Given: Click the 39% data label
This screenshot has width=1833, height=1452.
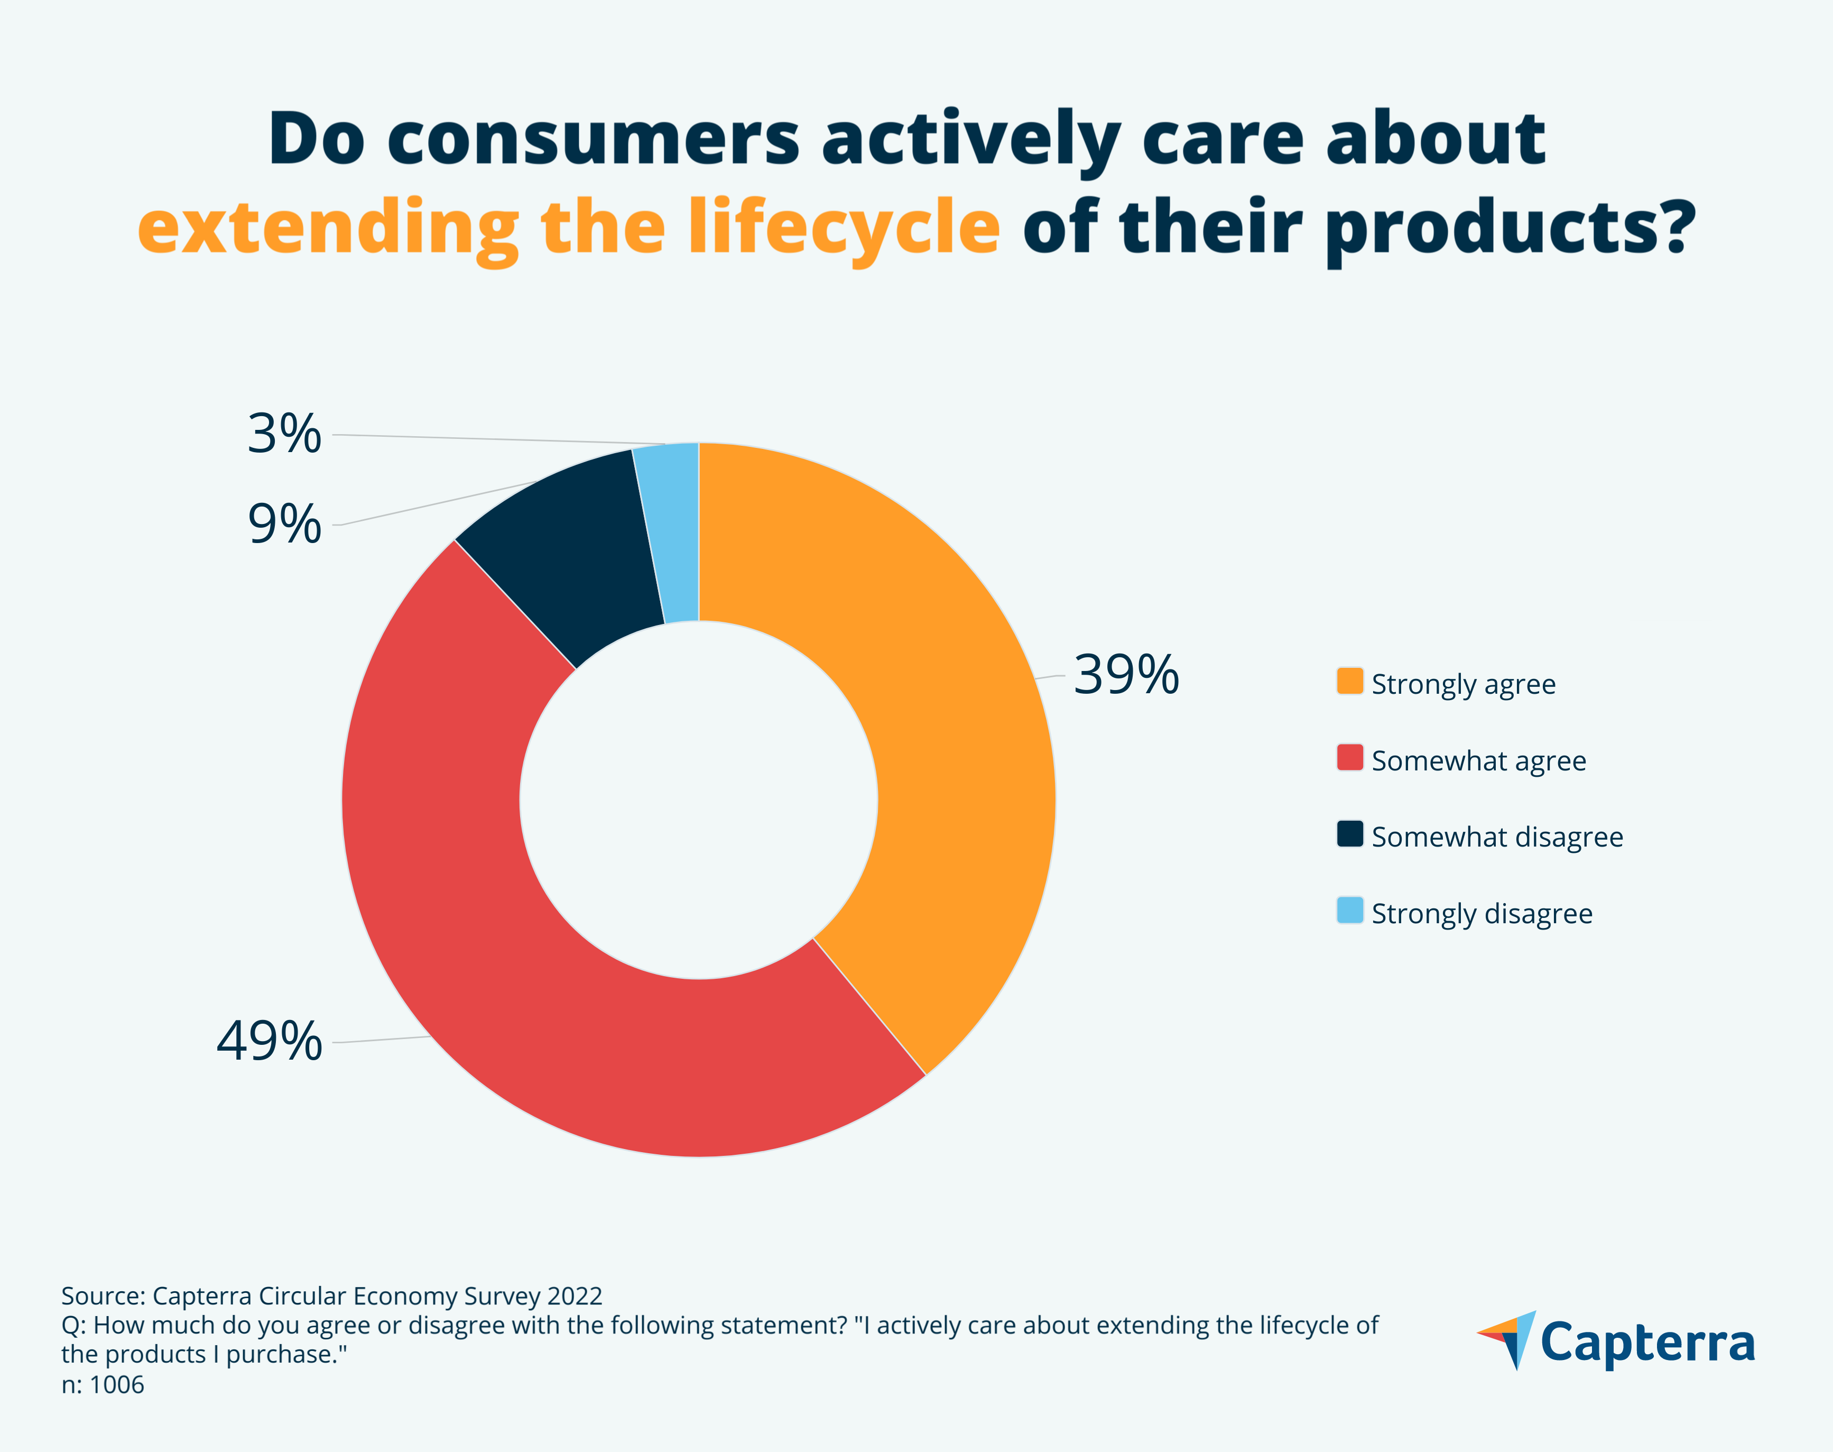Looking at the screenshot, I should [1126, 675].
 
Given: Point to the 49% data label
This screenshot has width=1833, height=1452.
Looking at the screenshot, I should [270, 1041].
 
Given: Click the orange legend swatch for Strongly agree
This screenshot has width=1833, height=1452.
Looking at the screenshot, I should [1349, 682].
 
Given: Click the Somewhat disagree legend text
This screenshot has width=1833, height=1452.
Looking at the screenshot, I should [1497, 838].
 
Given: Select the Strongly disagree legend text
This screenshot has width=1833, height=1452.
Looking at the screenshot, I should [1482, 914].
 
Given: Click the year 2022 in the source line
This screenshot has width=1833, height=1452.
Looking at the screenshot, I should [575, 1297].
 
